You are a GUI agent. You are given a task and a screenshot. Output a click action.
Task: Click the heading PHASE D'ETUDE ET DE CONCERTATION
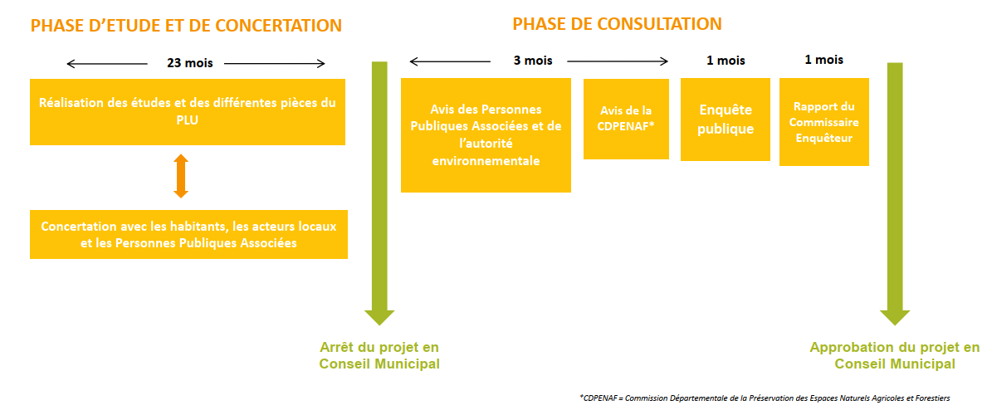[186, 26]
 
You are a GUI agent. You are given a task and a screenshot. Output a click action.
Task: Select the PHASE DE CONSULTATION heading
[617, 24]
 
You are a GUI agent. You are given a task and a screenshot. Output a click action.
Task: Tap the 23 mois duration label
[189, 63]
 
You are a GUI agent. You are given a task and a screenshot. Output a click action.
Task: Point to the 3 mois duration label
[532, 61]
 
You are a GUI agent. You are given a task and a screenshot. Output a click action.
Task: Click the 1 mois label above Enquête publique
[726, 61]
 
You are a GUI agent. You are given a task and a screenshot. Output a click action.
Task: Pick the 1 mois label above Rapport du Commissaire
[824, 61]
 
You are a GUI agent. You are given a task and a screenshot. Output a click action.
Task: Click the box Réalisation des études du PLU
[188, 112]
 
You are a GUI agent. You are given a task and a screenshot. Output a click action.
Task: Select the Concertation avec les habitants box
[188, 234]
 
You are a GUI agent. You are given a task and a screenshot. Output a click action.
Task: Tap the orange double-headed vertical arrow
[181, 176]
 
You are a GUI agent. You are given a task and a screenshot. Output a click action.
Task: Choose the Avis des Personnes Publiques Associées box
[486, 134]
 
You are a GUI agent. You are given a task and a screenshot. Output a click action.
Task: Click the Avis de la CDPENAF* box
[626, 119]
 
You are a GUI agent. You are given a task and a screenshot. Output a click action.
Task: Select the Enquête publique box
[726, 119]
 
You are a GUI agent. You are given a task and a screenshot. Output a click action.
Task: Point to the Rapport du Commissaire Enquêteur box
[824, 122]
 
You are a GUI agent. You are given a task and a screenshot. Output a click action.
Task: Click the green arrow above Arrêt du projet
[379, 193]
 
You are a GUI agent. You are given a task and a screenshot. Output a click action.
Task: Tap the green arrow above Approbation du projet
[895, 194]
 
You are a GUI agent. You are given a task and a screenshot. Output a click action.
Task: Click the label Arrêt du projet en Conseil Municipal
[379, 356]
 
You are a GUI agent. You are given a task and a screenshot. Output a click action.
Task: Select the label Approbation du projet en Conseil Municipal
[895, 356]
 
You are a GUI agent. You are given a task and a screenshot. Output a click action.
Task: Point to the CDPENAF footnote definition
[765, 398]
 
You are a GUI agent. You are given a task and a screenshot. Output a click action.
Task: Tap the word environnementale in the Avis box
[486, 160]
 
